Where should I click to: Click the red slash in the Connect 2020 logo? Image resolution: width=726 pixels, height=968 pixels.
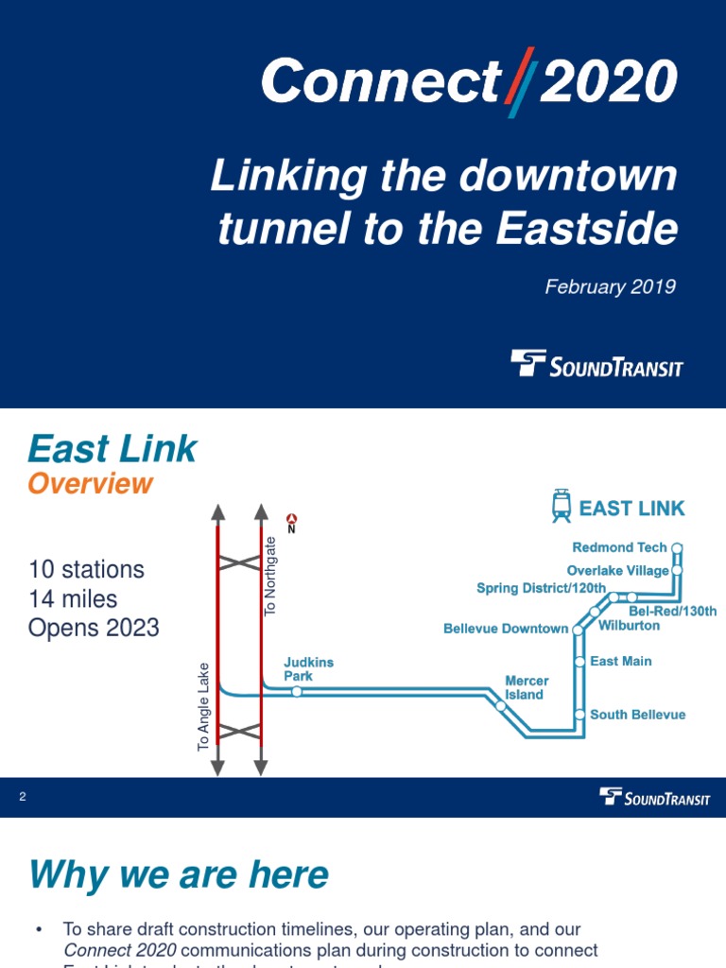[519, 82]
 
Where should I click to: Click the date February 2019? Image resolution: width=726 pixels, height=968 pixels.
[610, 286]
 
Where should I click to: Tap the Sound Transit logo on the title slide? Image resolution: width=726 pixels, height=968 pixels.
[596, 364]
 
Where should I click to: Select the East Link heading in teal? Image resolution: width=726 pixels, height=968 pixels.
[112, 449]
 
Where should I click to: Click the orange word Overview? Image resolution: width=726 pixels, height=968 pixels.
[90, 484]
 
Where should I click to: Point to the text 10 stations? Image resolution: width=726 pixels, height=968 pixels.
[86, 570]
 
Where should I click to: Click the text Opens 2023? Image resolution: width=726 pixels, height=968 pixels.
[94, 629]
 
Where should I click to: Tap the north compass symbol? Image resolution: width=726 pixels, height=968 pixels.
[292, 520]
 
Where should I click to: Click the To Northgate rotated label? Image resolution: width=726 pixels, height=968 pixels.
[271, 577]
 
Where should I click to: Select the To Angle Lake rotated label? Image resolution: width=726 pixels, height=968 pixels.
[203, 707]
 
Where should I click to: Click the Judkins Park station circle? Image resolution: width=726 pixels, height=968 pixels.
[297, 692]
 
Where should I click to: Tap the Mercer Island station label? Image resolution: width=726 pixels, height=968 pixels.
[526, 687]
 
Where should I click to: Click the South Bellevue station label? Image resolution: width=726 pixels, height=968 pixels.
[637, 715]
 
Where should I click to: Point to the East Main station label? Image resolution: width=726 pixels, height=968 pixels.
[620, 662]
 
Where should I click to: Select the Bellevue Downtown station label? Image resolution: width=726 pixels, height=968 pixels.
[506, 629]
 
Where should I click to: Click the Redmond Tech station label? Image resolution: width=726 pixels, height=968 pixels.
[619, 547]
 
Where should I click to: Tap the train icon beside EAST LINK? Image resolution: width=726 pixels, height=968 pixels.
[562, 507]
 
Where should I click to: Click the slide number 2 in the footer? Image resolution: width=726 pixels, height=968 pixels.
[23, 797]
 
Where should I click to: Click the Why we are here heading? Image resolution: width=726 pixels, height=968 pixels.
[179, 875]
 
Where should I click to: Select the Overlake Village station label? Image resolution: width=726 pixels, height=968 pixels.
[617, 571]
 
